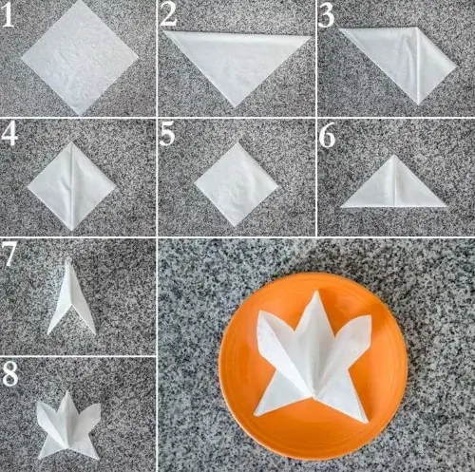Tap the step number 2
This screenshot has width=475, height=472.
click(169, 15)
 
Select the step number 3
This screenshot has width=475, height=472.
click(328, 15)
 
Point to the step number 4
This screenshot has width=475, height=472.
click(10, 134)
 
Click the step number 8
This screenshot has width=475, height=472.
click(10, 373)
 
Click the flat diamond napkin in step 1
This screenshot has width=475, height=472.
click(79, 57)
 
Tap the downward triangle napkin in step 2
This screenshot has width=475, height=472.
click(236, 62)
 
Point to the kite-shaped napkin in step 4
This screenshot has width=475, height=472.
click(72, 183)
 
